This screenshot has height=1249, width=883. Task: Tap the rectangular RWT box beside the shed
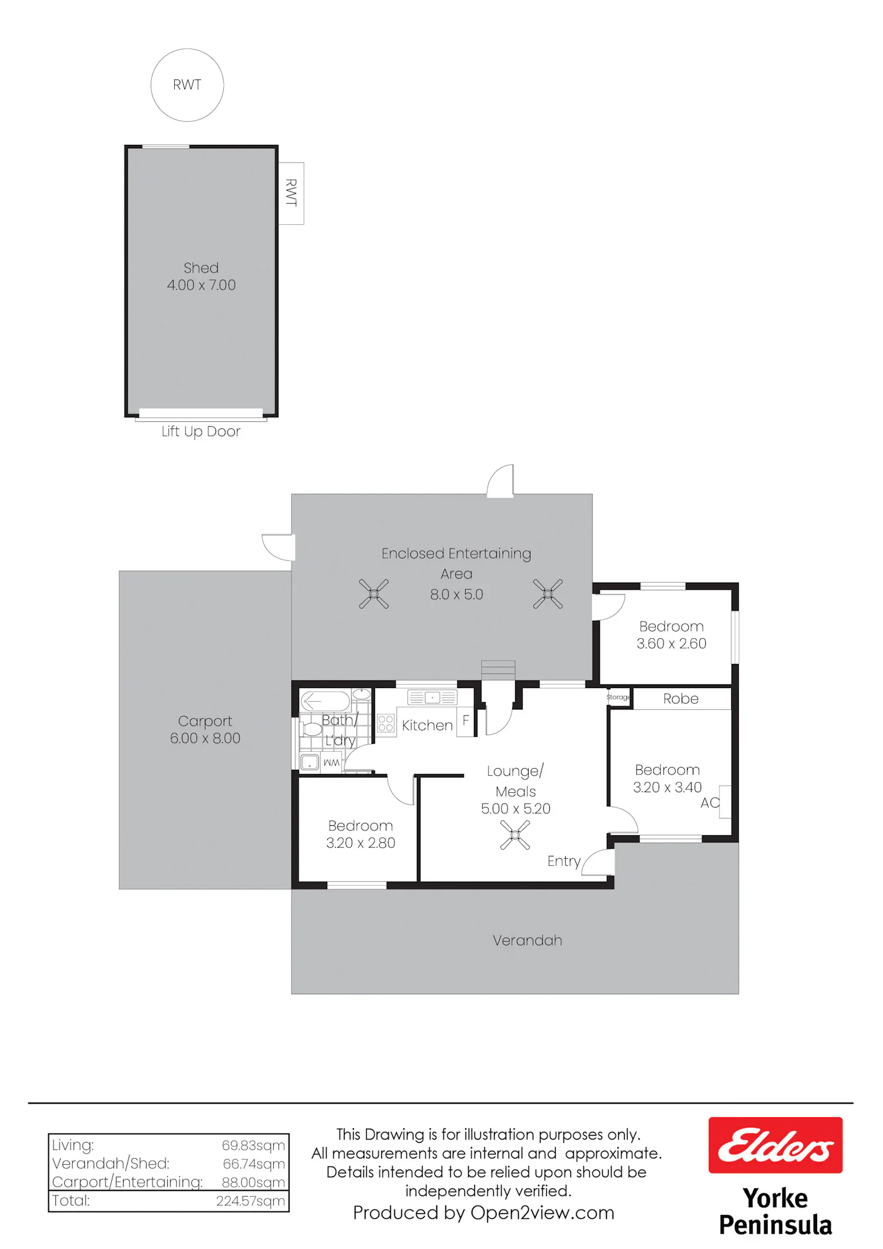click(291, 193)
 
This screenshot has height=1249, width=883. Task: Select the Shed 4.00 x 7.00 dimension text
click(201, 285)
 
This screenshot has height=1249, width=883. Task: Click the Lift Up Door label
click(201, 431)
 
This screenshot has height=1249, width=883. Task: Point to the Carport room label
click(205, 721)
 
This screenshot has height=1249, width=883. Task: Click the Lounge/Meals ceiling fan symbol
click(515, 835)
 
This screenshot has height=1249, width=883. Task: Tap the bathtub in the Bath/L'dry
click(326, 701)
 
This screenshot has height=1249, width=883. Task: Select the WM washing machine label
click(331, 763)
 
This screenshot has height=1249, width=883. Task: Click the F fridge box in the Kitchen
click(466, 721)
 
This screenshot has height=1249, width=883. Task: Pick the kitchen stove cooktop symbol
click(386, 723)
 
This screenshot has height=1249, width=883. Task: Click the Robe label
click(681, 699)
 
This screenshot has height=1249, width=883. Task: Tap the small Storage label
click(618, 697)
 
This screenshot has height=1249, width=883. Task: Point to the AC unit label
click(710, 803)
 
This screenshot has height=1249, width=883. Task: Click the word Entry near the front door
click(564, 861)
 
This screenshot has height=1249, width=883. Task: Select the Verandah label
click(527, 940)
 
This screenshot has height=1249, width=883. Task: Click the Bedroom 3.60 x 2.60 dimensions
click(672, 643)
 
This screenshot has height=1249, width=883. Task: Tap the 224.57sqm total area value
click(250, 1201)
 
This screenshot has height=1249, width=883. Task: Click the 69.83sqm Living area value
click(253, 1145)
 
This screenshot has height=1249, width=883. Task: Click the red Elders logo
click(775, 1145)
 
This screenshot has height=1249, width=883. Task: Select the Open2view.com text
click(542, 1213)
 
